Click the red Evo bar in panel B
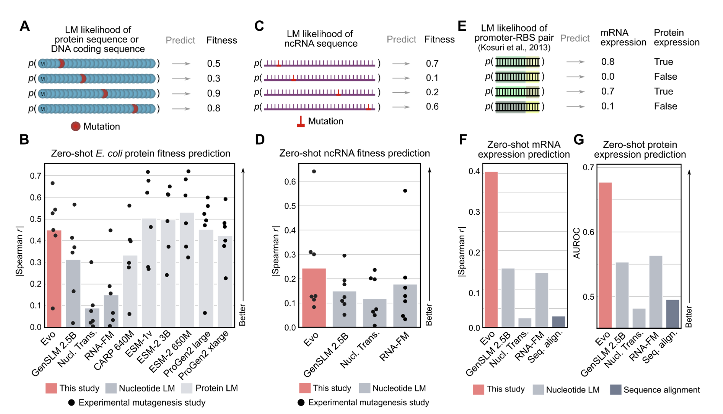[x=54, y=279]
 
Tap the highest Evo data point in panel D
[x=314, y=171]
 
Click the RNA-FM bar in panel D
[x=405, y=306]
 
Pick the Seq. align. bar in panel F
[x=559, y=322]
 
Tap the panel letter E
[x=462, y=26]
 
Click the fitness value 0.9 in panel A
[x=214, y=94]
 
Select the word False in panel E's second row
[x=665, y=77]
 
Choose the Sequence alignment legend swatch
[x=616, y=390]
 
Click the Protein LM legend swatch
[x=186, y=388]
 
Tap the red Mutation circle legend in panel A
[x=76, y=126]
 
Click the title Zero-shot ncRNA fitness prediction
[x=354, y=153]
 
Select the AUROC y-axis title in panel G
[x=577, y=243]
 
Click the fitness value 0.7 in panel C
[x=432, y=64]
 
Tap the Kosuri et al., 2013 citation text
[x=514, y=48]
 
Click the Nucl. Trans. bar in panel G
[x=639, y=318]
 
